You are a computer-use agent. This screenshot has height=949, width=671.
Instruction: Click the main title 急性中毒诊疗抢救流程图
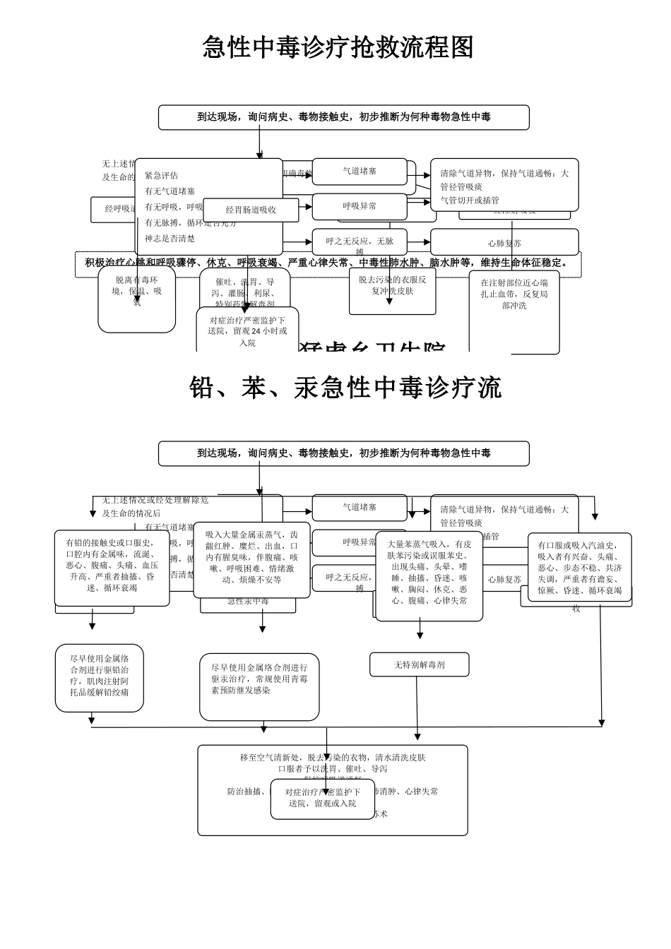point(338,48)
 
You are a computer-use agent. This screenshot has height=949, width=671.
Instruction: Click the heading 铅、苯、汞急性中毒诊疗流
point(345,388)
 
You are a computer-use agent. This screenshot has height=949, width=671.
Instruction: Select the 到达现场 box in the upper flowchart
point(343,117)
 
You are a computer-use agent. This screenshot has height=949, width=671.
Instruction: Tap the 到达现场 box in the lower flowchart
point(343,453)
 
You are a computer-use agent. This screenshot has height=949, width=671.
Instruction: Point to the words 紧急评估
point(162,176)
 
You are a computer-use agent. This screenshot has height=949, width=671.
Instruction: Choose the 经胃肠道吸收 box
point(251,210)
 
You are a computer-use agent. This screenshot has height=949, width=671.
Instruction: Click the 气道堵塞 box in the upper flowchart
point(360,171)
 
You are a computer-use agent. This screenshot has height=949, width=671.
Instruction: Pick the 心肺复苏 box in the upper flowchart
point(504,243)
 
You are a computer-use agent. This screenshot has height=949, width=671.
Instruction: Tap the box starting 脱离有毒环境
point(136,299)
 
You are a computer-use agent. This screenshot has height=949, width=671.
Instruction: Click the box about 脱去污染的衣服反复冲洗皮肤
point(392,290)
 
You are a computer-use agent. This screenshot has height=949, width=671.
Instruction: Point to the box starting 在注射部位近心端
point(514,311)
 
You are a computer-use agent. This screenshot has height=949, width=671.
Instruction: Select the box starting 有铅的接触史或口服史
point(112,567)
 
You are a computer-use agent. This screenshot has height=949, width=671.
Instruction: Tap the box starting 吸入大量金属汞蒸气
point(252,559)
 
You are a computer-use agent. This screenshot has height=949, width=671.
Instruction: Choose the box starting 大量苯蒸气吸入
point(429,575)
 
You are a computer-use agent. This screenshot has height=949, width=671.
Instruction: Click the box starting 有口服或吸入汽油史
point(579,567)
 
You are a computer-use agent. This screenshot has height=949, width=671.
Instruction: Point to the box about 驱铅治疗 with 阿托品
point(100,677)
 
